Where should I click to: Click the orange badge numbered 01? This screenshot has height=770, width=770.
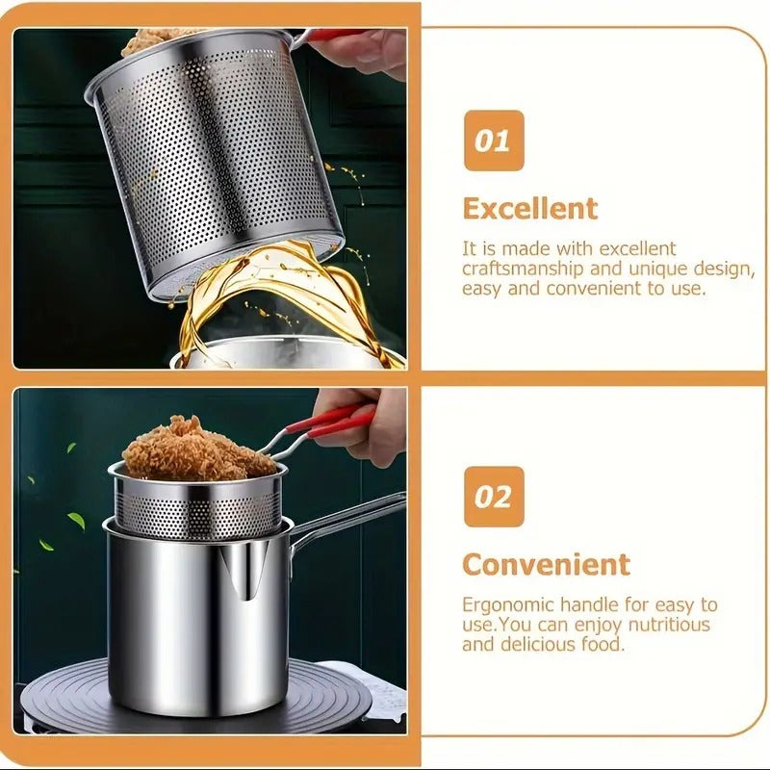click(494, 141)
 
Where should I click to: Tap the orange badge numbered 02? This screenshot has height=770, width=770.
click(494, 497)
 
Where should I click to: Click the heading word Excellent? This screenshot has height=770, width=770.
click(529, 208)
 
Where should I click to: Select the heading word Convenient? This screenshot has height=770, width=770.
click(546, 564)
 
